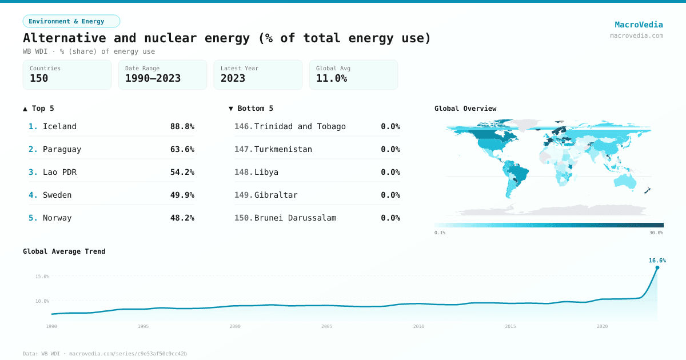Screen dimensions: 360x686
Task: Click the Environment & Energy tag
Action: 71,21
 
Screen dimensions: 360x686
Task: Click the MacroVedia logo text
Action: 639,25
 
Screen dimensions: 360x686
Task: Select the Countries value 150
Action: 39,78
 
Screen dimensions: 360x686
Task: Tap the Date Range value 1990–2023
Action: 153,78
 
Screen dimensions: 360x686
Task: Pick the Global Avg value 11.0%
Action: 332,78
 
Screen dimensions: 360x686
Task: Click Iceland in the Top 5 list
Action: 59,126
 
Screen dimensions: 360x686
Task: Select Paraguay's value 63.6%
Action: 182,149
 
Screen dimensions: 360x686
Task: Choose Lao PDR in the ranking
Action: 59,172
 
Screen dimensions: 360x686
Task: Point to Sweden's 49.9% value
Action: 182,195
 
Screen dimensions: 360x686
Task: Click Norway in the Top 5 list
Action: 57,218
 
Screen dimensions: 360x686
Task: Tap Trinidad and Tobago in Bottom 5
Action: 300,126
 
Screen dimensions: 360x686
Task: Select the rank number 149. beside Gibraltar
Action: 244,195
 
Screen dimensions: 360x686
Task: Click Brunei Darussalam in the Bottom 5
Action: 295,218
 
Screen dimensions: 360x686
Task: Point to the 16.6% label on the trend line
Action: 657,261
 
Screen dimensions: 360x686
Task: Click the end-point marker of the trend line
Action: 657,267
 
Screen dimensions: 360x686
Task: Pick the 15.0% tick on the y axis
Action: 42,277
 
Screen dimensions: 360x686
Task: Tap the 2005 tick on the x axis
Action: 327,326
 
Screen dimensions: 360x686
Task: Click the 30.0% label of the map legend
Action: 656,233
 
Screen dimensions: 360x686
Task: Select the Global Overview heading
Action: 465,109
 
